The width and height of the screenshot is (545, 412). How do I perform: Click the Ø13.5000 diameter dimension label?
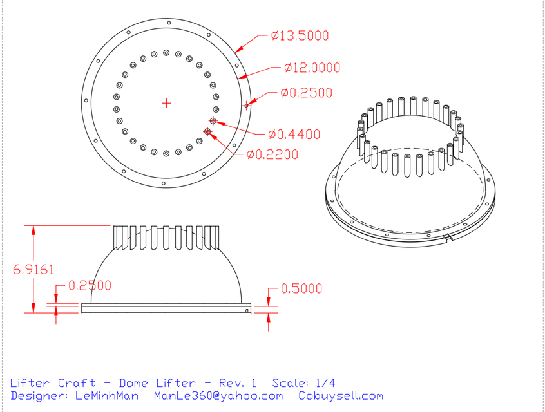coord(300,36)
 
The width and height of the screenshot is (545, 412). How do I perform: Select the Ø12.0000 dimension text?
coord(312,68)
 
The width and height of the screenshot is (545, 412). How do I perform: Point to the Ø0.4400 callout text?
coord(294,135)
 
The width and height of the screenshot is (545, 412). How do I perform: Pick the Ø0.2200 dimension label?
coord(272,154)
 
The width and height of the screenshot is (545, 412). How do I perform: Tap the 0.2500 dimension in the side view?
coord(90,285)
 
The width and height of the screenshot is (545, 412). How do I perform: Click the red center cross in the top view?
coord(166,102)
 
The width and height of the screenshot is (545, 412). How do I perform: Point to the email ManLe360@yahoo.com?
coord(218,396)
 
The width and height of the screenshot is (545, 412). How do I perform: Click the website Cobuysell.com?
coord(341,396)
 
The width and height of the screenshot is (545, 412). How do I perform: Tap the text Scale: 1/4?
coord(303,382)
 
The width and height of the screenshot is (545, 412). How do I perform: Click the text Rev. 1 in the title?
coord(238,382)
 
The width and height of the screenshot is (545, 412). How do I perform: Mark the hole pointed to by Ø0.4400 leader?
coord(213,120)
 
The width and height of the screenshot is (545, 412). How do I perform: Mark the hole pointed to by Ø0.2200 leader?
coord(207,131)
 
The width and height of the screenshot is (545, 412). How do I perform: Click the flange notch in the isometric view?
coord(448,239)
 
